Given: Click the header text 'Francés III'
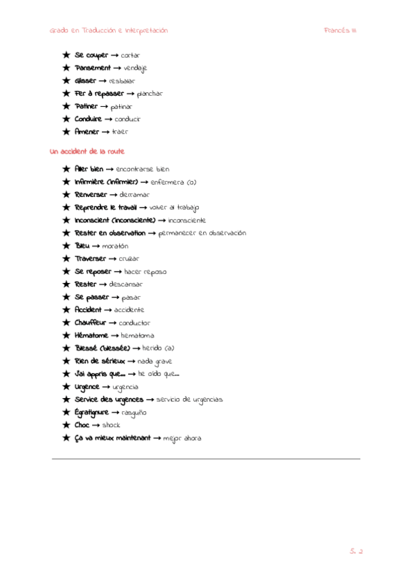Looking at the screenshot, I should pos(340,30).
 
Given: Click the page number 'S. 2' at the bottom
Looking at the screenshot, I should pos(355,550).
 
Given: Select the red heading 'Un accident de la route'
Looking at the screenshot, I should pos(87,151).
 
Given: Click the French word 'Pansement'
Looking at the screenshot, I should pos(92,68).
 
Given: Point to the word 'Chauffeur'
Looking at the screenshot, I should pos(91,323).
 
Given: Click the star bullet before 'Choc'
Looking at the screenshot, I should pos(66,425).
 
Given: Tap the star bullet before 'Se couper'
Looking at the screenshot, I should pos(66,55).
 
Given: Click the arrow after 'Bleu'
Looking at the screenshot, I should pos(96,246).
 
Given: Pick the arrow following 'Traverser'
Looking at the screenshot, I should pos(112,259).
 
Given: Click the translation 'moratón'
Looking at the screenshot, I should pos(115,246).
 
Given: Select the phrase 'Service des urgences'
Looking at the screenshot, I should pos(109,399).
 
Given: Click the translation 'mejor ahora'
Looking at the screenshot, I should pos(182,438).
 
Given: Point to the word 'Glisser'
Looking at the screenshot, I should pos(85,81).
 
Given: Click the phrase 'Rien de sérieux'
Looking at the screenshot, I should pos(100,361).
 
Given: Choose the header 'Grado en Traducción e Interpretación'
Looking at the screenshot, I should pos(109,30).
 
